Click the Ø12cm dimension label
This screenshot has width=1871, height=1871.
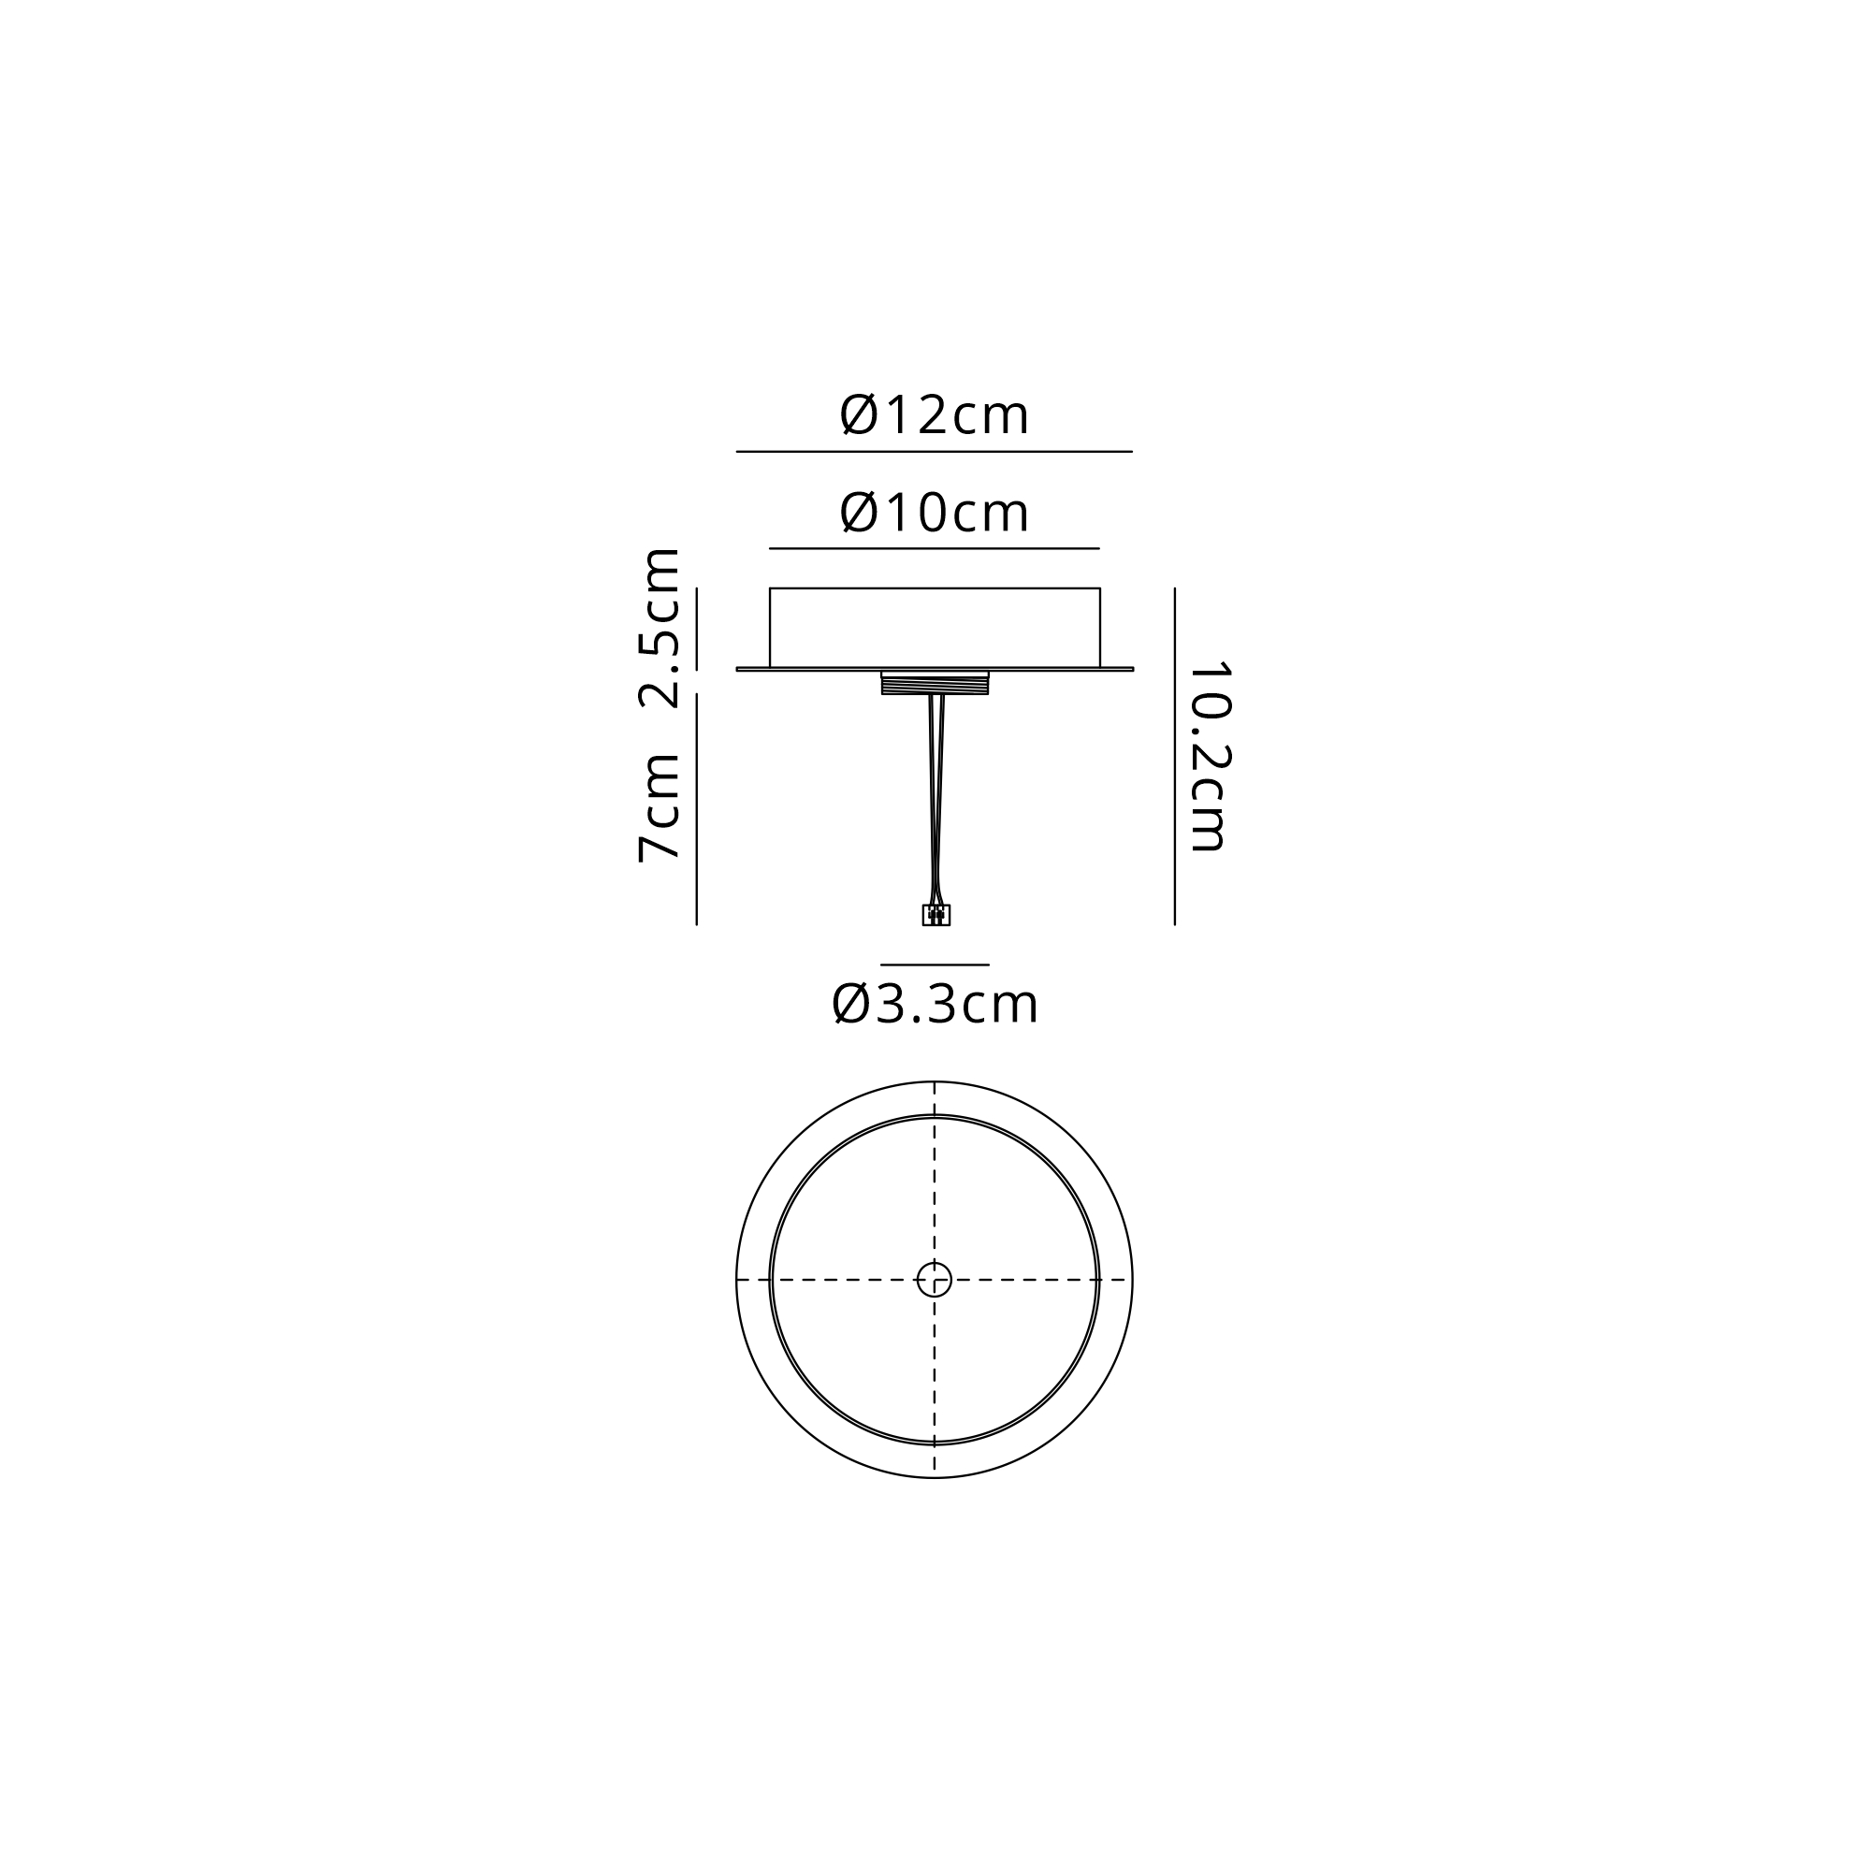(934, 414)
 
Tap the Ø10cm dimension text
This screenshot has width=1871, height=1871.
(934, 513)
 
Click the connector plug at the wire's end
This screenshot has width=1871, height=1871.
(935, 915)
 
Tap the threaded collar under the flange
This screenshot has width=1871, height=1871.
(935, 683)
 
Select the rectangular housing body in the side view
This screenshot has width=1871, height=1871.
(935, 628)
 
